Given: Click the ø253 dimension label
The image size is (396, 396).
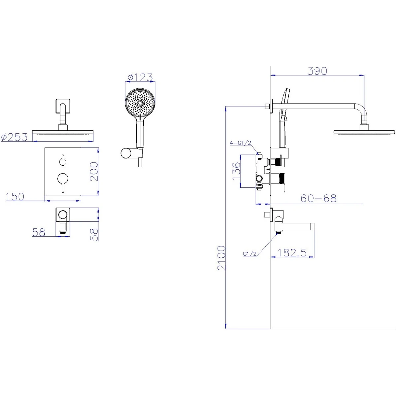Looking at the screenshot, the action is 14,137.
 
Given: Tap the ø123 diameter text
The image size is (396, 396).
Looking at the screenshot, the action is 140,78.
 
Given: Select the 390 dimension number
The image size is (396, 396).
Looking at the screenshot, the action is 317,71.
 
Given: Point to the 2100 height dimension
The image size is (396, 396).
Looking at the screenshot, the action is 221,258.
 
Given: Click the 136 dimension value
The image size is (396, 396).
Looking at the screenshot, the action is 236,171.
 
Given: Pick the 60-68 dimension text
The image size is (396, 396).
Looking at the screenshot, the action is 318,199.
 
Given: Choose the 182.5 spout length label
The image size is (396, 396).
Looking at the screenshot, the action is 292,253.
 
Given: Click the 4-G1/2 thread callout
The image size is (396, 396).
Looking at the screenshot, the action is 240,143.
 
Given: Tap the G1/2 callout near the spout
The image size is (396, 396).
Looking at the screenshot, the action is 250,254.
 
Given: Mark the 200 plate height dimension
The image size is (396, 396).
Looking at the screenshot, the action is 94,171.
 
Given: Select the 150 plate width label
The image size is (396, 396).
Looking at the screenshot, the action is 15,197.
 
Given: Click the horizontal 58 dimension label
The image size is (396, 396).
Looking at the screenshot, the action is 39,232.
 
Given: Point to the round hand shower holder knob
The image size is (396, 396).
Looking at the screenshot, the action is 126,153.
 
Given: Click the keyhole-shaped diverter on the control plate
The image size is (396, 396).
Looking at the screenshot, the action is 63,160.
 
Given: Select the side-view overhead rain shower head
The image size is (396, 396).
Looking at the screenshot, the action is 364,132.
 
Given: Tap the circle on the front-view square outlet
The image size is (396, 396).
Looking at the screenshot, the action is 63,215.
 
